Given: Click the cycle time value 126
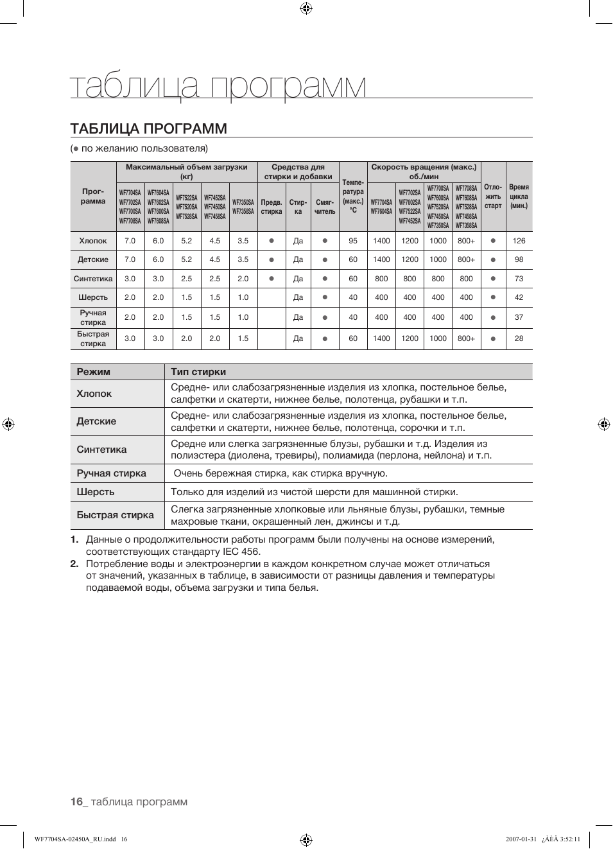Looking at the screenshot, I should tap(519, 241).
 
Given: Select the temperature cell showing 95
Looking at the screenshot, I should tap(353, 241).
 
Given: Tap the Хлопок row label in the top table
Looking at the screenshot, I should tap(93, 241).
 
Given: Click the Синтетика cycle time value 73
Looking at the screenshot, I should tap(519, 279).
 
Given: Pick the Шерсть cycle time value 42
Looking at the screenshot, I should tap(519, 297).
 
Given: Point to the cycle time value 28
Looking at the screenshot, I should tap(519, 338).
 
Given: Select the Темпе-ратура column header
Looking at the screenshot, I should tap(353, 196).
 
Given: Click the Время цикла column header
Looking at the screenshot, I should tap(519, 197).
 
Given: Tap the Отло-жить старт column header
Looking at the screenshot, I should tap(493, 197).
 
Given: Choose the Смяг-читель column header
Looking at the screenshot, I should tap(325, 207).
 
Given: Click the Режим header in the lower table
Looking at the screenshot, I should tap(94, 372).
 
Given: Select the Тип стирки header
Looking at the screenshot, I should tap(198, 372).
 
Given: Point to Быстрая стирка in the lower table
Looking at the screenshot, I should tap(116, 515).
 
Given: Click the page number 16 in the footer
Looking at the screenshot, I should tap(76, 801).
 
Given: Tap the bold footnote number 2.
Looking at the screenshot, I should tap(74, 564).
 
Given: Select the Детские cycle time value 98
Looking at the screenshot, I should tap(519, 259).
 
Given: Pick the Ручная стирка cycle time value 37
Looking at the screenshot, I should tap(519, 317).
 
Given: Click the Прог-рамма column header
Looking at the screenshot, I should tap(93, 196).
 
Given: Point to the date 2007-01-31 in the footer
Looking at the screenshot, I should tap(521, 839).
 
